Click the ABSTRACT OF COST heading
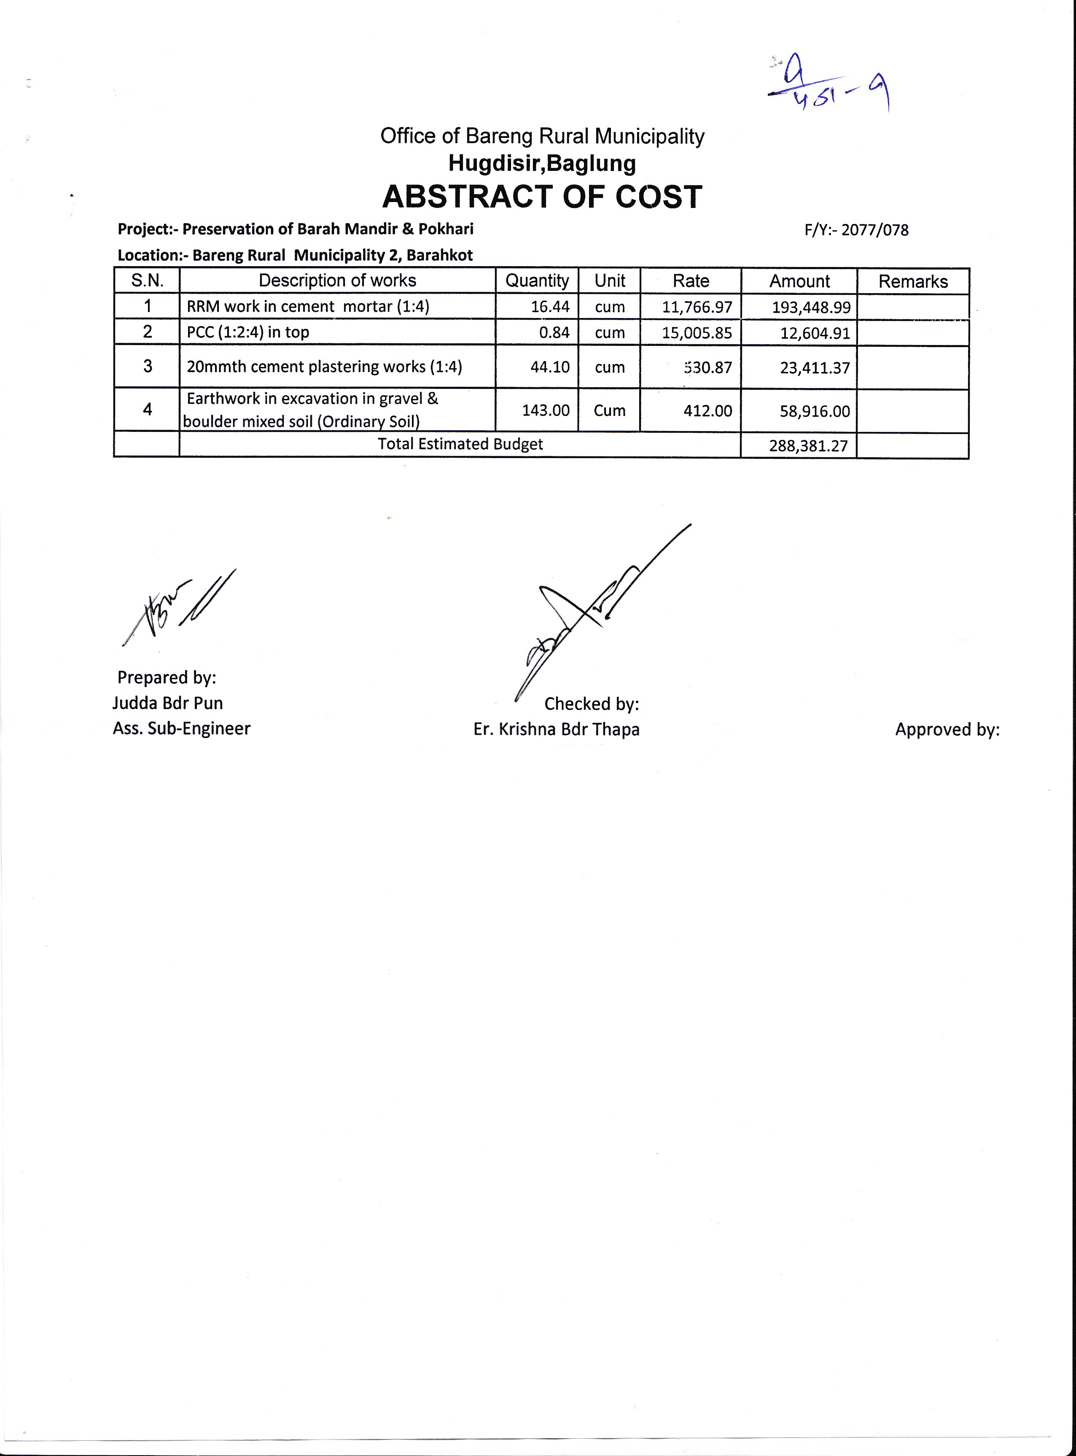[542, 197]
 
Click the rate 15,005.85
[697, 333]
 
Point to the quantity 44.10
[550, 367]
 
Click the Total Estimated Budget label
[460, 444]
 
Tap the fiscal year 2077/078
[875, 230]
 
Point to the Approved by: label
[947, 730]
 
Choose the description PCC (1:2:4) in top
[247, 332]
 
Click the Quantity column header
[537, 281]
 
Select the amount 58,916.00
[815, 412]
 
